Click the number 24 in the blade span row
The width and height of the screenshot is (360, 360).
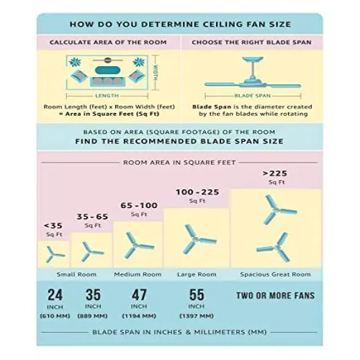tap(55, 294)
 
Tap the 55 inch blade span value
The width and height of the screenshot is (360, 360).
tap(197, 294)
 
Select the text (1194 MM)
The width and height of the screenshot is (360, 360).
tap(139, 316)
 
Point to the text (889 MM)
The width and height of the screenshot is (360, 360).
tap(92, 316)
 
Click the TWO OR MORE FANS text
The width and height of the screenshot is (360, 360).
tap(275, 295)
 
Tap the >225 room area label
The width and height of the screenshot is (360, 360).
tap(275, 174)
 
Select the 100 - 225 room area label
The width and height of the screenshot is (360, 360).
tap(197, 192)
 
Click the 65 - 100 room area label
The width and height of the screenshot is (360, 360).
tap(139, 205)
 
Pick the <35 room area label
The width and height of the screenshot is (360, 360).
tap(53, 225)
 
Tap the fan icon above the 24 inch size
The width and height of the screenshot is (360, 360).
tap(55, 254)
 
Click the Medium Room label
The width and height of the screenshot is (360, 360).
tap(138, 274)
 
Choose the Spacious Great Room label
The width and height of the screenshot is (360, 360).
tap(276, 274)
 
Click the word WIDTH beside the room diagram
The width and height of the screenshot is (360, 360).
tap(156, 73)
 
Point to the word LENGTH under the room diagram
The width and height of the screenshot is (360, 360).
tap(107, 96)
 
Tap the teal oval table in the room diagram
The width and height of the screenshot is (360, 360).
tap(107, 71)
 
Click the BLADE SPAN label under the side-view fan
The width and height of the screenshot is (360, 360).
tap(253, 96)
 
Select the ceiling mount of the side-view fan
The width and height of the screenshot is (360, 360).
tap(253, 59)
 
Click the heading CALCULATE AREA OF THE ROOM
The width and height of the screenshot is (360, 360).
tap(108, 42)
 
